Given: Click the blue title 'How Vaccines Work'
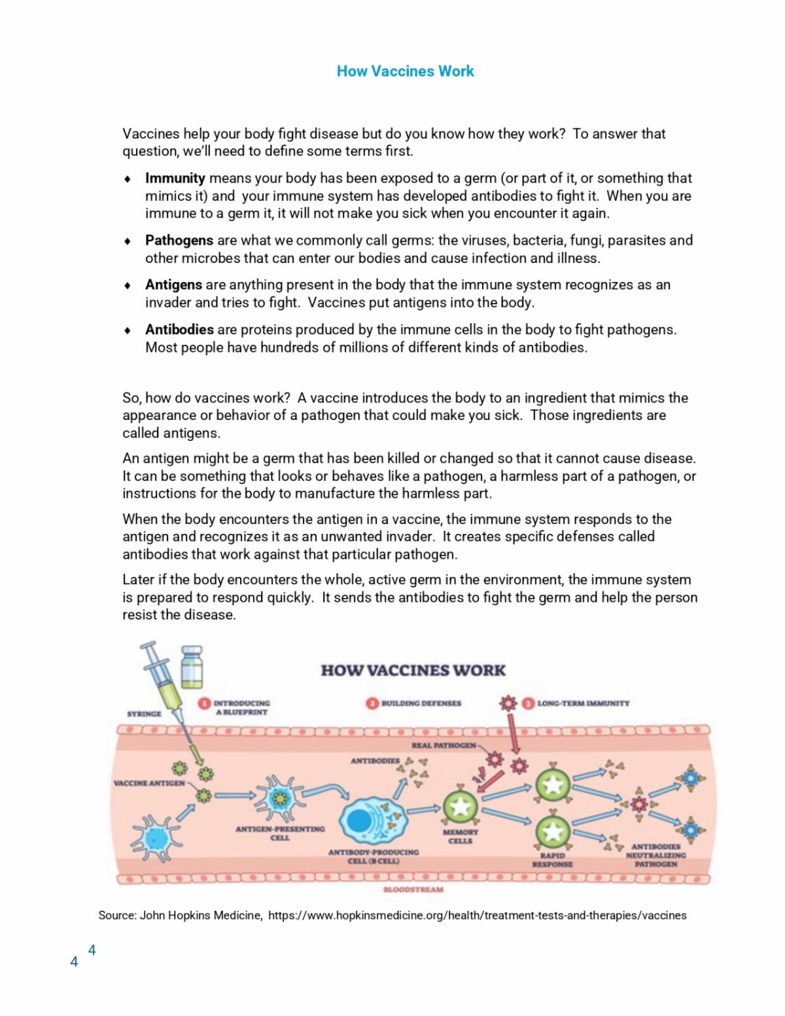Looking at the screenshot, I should pos(405,71).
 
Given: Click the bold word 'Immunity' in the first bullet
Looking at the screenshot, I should pos(175,178).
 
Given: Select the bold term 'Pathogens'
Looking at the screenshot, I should pos(179,240).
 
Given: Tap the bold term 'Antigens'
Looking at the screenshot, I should pos(173,285).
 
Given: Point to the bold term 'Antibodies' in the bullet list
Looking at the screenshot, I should pos(179,329).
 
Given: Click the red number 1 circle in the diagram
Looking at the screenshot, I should pos(204,703).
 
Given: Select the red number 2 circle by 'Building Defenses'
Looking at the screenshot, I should pos(372,703).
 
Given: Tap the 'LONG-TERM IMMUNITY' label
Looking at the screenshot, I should pos(583,703).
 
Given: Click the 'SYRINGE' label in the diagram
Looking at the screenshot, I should pos(144,714).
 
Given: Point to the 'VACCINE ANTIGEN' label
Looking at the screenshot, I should pos(149,782).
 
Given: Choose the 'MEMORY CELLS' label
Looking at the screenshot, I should pos(461,836).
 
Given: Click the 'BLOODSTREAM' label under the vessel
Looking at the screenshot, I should pos(413,890).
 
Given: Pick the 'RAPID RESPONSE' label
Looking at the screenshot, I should pos(552,860).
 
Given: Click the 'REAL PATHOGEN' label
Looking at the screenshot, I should pos(444,746).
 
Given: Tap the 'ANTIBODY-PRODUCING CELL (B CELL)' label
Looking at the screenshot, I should pos(373,856).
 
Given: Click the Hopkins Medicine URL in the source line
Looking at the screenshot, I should pos(477,915).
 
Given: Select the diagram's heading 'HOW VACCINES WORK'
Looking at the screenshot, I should pos(413,670).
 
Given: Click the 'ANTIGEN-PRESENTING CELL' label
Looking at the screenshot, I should pos(280,833).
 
